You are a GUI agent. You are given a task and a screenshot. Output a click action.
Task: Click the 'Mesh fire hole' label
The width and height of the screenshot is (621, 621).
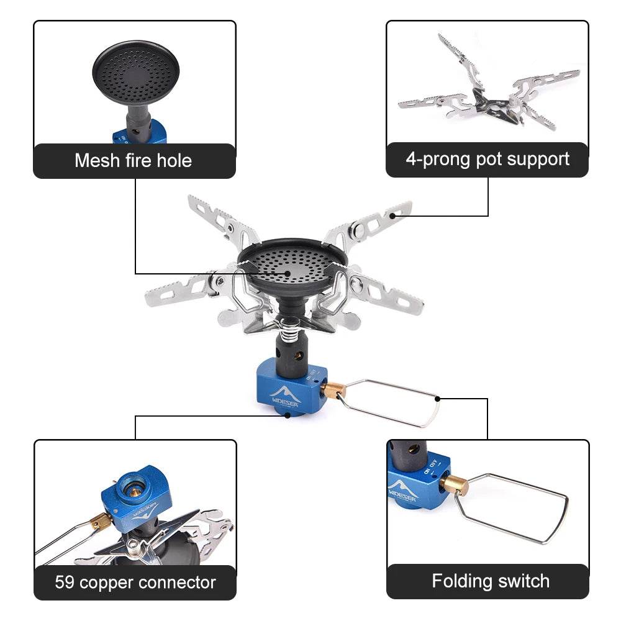tap(134, 161)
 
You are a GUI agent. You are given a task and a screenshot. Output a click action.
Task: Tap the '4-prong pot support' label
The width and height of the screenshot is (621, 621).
tap(487, 160)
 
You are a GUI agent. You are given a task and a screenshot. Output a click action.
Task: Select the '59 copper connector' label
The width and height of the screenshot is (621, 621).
tap(135, 582)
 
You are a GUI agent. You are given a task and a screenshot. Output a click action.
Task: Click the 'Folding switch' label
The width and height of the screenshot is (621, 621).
tap(491, 581)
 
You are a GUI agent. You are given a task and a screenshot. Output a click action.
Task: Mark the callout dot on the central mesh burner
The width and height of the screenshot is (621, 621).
tap(288, 273)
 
